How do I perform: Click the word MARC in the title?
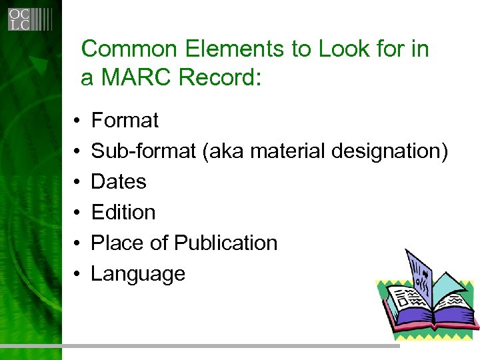[136, 78]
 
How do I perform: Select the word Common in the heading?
[122, 49]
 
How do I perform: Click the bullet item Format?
[125, 121]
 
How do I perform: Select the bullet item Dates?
[119, 182]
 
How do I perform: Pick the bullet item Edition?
[123, 213]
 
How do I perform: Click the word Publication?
[226, 243]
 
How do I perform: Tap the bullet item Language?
[138, 274]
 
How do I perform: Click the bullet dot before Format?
[77, 121]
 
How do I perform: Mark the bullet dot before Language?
[77, 275]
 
